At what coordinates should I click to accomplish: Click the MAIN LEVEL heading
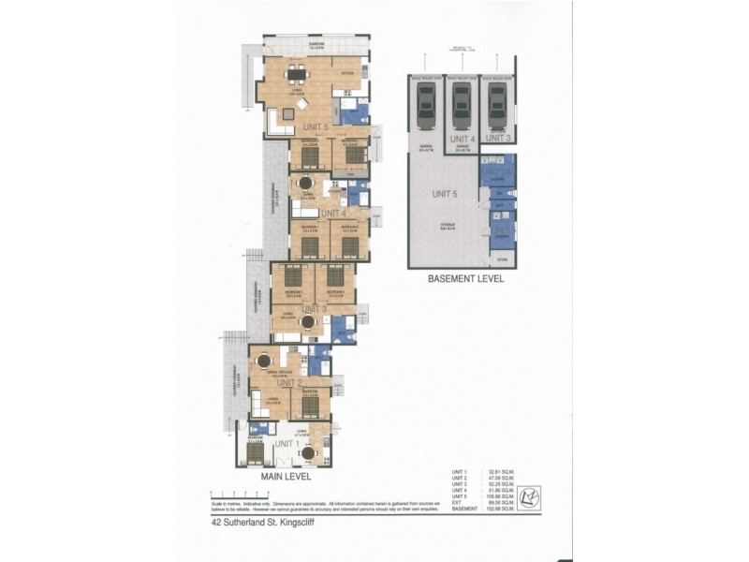285,477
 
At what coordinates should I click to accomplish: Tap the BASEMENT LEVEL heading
465,279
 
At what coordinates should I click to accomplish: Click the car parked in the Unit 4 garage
462,105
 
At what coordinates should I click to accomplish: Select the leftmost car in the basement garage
426,105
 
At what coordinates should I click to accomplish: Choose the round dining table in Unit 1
307,453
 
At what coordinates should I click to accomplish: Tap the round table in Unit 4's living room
305,184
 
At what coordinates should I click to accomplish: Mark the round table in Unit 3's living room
307,322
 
